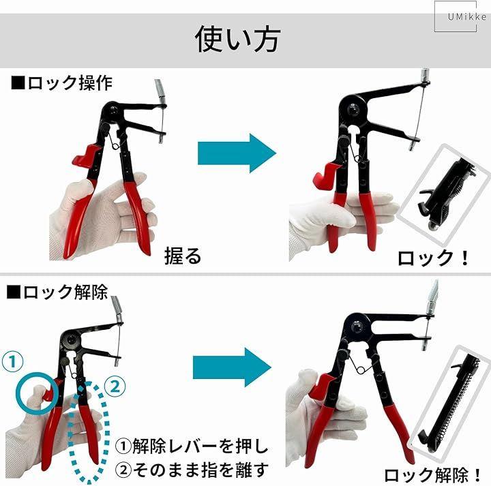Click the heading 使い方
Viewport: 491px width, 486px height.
pos(237,39)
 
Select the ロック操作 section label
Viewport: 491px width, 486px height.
pos(61,83)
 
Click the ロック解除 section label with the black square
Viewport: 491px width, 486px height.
pos(57,292)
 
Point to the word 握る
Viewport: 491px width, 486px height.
pos(183,256)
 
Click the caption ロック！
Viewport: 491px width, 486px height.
pos(434,258)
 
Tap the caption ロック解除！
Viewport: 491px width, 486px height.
pos(432,474)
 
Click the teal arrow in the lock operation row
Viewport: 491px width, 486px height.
pos(237,153)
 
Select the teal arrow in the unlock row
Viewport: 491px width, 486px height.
pos(232,367)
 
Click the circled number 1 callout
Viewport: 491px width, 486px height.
pos(12,361)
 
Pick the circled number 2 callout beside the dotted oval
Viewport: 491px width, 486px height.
pos(115,386)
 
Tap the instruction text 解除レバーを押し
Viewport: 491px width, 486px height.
pos(192,446)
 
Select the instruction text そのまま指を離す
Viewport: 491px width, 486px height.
pos(192,470)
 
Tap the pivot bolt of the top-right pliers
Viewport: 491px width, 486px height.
pos(354,110)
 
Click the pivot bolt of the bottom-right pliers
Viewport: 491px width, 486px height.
pos(357,327)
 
